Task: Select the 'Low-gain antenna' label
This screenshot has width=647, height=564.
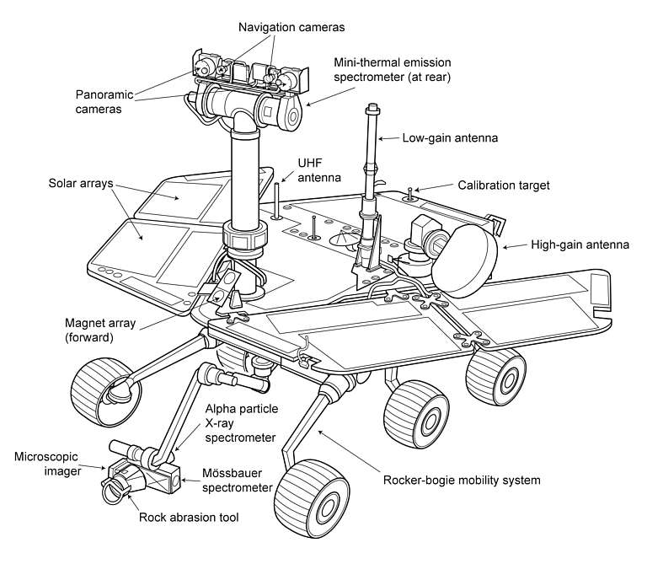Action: [450, 136]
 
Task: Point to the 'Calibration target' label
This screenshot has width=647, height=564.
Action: [503, 185]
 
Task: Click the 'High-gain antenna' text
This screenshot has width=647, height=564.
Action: [580, 245]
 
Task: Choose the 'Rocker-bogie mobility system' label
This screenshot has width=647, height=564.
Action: [462, 481]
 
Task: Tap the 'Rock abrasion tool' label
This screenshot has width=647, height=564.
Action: [189, 517]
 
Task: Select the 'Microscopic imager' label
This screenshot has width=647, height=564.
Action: [47, 465]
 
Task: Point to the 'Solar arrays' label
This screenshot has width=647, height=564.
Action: [80, 183]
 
